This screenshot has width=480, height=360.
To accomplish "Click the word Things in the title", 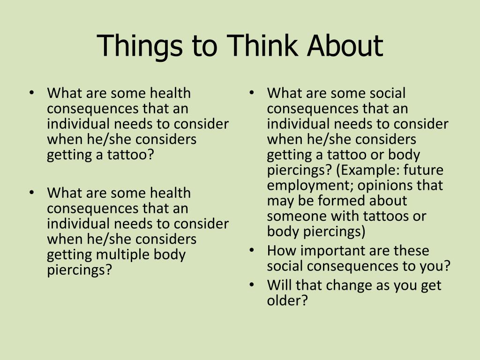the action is click(x=140, y=46).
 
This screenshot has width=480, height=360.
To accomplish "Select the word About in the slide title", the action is click(x=345, y=45).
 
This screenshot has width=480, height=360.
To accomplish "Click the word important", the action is click(x=333, y=251).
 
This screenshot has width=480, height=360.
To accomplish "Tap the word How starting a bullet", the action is click(x=282, y=250).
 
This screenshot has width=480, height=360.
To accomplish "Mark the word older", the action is click(x=287, y=300).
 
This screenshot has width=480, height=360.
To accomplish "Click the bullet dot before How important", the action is click(x=252, y=250).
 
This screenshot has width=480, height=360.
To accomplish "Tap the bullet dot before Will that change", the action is click(x=252, y=285).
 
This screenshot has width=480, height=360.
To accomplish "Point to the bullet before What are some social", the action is click(x=252, y=92).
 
